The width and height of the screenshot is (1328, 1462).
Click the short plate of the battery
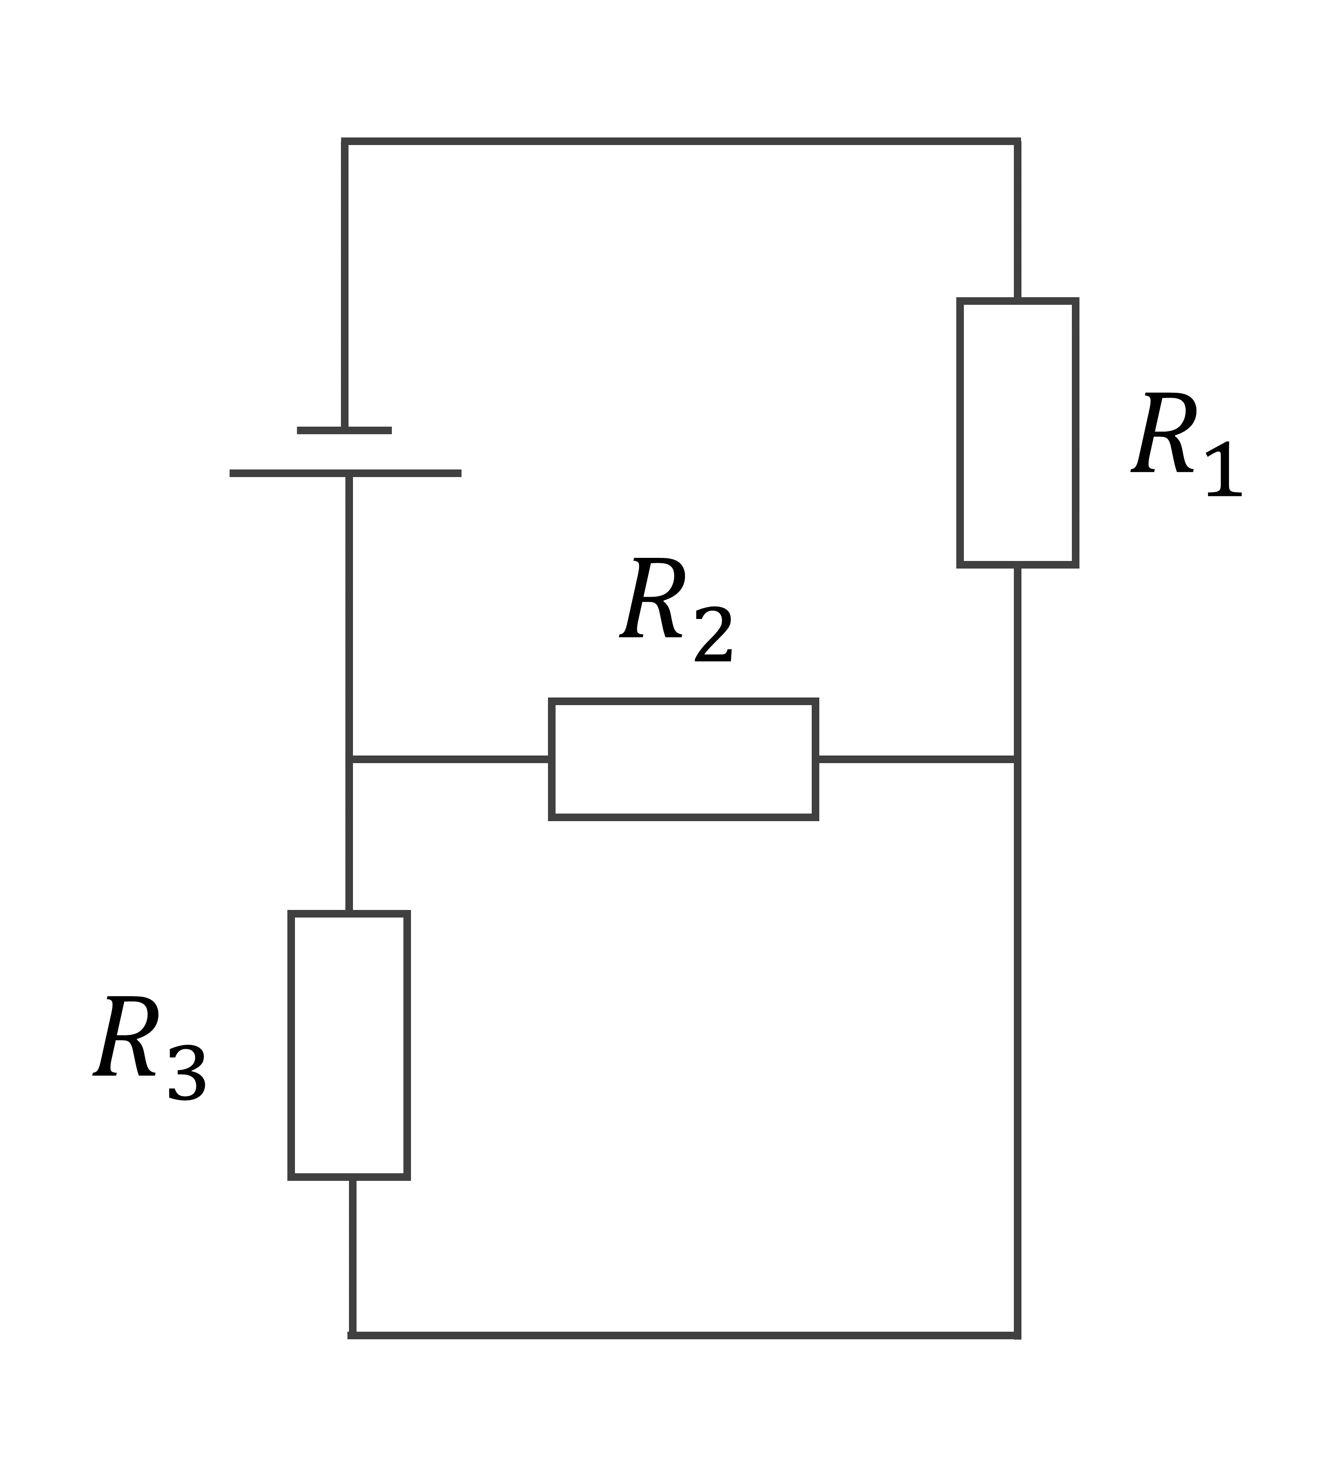point(344,431)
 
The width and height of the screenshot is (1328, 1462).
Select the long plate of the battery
point(345,473)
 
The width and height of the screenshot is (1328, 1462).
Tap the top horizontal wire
point(681,141)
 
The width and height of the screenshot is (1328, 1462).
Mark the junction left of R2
point(349,759)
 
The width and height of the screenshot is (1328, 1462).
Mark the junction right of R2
point(1017,759)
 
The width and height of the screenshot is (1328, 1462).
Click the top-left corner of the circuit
point(344,141)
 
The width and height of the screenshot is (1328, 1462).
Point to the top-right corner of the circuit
point(1017,141)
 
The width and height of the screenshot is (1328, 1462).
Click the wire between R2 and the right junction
point(917,759)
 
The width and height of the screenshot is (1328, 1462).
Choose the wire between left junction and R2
point(450,759)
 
